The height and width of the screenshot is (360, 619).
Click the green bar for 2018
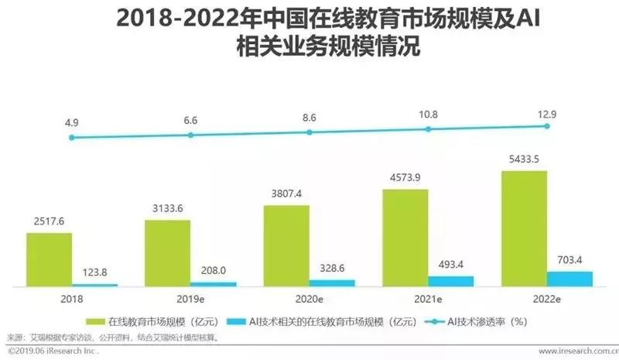tap(50, 259)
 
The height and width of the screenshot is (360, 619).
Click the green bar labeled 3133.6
tap(168, 252)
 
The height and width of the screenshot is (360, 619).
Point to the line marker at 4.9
tap(72, 138)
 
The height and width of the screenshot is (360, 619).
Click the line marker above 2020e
tap(309, 132)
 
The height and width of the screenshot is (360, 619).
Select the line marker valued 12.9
tap(547, 125)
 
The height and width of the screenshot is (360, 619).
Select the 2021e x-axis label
tap(428, 298)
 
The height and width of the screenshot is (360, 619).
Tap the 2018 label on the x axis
tap(72, 298)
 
